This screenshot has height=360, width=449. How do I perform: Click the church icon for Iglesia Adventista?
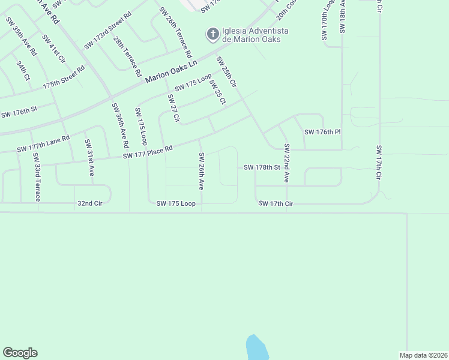coord(212,34)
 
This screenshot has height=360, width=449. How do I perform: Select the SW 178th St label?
coord(262,167)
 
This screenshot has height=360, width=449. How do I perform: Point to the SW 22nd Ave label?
coord(287,163)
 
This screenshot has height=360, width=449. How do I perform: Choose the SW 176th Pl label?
coord(322,132)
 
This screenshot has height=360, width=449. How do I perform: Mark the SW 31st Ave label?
coord(89,157)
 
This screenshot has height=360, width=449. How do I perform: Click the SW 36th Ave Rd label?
coord(120,125)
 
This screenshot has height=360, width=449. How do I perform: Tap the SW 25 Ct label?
coord(217,92)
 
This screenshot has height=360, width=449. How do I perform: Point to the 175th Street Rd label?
coord(64,77)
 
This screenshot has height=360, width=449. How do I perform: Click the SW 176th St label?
coord(19,112)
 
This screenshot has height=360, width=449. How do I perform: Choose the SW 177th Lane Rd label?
coord(43,144)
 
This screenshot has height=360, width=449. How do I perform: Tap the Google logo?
coord(20,353)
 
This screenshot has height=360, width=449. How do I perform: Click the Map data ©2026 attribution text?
coord(423,355)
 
